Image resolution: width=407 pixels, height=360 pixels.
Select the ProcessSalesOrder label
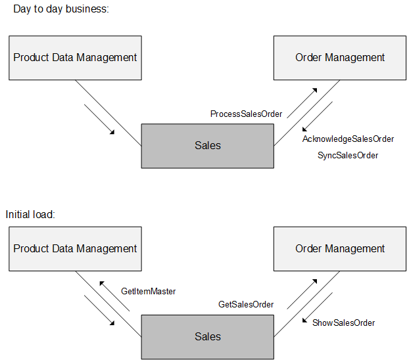(246, 114)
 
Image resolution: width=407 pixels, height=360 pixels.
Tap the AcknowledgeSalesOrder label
(348, 139)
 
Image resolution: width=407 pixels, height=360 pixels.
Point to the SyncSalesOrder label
(348, 156)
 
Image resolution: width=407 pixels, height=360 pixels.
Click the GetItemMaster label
(148, 291)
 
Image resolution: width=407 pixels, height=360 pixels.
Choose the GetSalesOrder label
(246, 305)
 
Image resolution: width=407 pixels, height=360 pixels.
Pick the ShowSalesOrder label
(343, 323)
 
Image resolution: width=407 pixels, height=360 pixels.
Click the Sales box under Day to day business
(207, 145)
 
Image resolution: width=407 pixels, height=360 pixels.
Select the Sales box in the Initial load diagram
(207, 336)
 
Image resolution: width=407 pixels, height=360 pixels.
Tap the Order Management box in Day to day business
(339, 58)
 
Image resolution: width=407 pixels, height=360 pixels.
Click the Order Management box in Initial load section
(339, 249)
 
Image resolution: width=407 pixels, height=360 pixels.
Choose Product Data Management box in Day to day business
(75, 58)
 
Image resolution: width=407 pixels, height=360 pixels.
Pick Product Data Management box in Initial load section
(75, 249)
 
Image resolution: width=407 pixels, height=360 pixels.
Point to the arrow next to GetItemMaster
(115, 295)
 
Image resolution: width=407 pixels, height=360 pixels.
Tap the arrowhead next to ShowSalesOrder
(305, 321)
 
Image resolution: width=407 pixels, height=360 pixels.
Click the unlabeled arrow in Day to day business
(100, 118)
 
